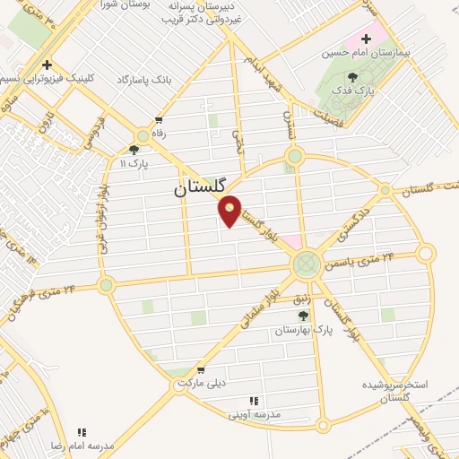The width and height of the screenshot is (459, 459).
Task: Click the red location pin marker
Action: pyautogui.click(x=230, y=211)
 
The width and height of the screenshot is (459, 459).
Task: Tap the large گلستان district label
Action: pyautogui.click(x=202, y=189)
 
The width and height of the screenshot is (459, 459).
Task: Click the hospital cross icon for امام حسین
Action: pyautogui.click(x=366, y=39)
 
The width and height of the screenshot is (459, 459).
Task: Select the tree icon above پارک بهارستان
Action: pyautogui.click(x=303, y=316)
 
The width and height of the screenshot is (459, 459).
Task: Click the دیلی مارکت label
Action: pyautogui.click(x=199, y=383)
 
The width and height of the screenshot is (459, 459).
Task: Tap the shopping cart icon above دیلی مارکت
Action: pyautogui.click(x=201, y=368)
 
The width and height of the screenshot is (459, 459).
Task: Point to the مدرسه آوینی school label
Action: pyautogui.click(x=255, y=414)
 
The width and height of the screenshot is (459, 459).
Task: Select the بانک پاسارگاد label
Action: pyautogui.click(x=143, y=80)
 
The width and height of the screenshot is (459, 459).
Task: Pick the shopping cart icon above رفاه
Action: pyautogui.click(x=159, y=120)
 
